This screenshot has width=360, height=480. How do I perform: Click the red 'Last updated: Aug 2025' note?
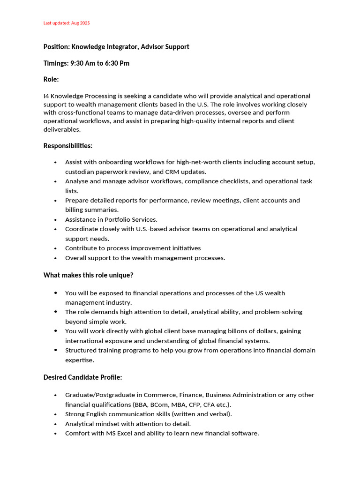tap(66, 23)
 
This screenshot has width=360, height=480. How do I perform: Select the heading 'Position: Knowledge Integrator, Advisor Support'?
tap(116, 47)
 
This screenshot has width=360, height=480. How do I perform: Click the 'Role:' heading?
tap(51, 80)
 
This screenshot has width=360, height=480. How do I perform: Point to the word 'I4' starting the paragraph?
tap(46, 96)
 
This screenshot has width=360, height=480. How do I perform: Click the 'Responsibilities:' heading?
tap(68, 146)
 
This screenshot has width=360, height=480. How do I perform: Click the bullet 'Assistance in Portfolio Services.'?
tap(111, 219)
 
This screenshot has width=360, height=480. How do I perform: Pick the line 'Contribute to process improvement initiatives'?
tap(133, 248)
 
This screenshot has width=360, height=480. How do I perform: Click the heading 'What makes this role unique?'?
tap(88, 275)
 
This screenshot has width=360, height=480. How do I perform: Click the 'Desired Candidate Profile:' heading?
tap(82, 377)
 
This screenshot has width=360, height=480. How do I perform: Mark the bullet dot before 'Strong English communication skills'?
tap(55, 414)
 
